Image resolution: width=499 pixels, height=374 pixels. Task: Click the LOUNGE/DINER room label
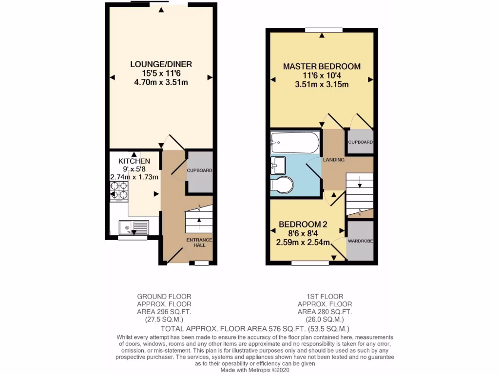[x=161, y=64]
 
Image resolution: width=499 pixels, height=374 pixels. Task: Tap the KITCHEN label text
[x=134, y=161]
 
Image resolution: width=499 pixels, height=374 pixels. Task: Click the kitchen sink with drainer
[x=134, y=227]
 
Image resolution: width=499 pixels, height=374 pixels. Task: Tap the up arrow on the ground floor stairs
[x=199, y=222]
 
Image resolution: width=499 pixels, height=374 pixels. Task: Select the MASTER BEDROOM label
[x=322, y=66]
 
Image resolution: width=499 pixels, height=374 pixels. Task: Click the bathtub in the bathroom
[x=295, y=143]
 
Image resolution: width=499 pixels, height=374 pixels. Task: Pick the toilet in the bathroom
[x=283, y=185]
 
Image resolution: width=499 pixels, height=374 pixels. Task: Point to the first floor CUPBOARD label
[x=361, y=142]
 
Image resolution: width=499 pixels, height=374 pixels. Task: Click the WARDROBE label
[x=360, y=241]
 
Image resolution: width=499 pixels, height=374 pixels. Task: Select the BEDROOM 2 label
[x=303, y=224]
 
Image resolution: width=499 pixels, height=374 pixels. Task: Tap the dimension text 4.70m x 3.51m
[x=161, y=82]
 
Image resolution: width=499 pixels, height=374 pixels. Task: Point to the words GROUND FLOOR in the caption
[x=164, y=296]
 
